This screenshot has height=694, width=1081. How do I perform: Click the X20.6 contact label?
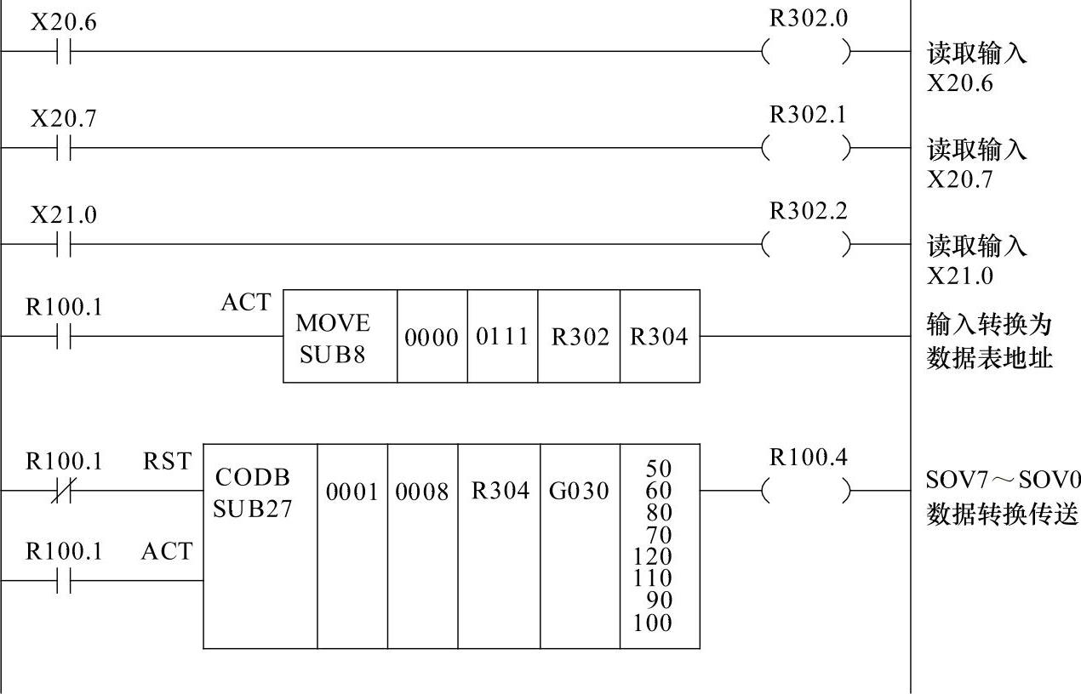coord(64,22)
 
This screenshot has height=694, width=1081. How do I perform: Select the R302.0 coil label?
coord(809,19)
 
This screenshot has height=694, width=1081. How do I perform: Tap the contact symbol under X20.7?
coord(64,149)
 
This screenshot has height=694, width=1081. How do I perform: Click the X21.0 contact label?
coord(64,215)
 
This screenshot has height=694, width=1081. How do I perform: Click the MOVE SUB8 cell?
coord(333,338)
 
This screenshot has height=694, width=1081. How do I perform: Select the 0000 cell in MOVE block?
coord(432,338)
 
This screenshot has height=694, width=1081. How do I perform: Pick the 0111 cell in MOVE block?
coord(502,338)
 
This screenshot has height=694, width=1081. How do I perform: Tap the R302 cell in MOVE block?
coord(580,338)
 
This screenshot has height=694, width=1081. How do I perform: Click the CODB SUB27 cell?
coord(252,493)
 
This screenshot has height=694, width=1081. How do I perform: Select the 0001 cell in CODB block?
coord(352,492)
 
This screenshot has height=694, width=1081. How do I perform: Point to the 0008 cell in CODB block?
coord(422,492)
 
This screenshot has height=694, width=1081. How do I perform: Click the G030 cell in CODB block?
coord(579,492)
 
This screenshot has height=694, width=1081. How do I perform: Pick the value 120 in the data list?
coord(652,557)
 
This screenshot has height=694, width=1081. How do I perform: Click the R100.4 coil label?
coord(809,458)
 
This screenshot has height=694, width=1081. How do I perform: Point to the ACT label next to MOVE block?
coord(245,303)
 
